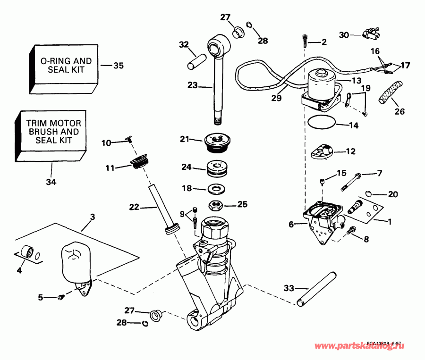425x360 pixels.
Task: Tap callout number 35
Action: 119,66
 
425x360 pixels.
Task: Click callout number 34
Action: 51,182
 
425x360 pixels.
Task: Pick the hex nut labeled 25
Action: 217,205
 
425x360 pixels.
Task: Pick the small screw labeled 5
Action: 61,297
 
